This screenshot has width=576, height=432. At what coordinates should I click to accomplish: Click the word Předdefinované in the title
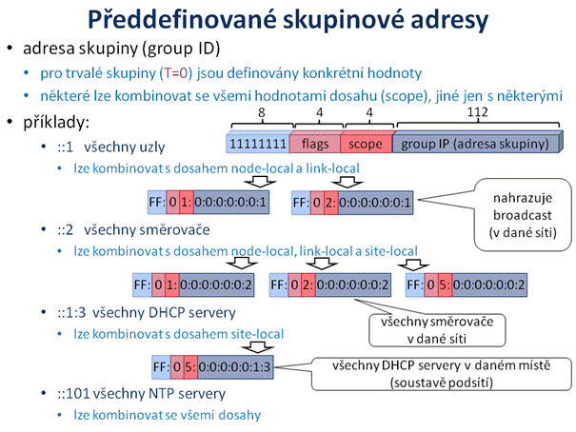click(x=182, y=19)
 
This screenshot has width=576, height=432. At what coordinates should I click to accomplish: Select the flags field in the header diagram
click(x=315, y=144)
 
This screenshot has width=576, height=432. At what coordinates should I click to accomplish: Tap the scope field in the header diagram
click(x=366, y=144)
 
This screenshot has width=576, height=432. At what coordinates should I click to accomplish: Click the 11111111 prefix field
click(x=258, y=144)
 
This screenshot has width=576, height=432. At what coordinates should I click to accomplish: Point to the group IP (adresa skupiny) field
click(x=476, y=144)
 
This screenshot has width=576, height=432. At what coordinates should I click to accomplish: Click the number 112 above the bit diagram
click(x=477, y=111)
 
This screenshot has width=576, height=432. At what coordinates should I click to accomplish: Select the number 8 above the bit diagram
click(x=261, y=112)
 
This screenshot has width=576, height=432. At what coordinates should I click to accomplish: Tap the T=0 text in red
click(x=176, y=73)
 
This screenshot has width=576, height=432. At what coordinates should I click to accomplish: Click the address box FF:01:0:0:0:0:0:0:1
click(x=209, y=203)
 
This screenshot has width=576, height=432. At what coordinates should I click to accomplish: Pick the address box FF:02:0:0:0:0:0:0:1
click(x=352, y=203)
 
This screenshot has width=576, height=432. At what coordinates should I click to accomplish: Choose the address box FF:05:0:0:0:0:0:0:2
click(x=467, y=285)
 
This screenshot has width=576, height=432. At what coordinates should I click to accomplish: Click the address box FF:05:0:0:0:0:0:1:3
click(x=212, y=366)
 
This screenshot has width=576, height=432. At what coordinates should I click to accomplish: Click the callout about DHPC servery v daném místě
click(x=441, y=374)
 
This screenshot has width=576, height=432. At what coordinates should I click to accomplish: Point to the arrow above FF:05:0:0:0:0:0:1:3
click(x=257, y=347)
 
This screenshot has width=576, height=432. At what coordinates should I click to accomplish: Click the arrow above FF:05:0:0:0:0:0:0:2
click(x=413, y=265)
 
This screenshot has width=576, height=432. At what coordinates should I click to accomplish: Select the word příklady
click(x=56, y=122)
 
